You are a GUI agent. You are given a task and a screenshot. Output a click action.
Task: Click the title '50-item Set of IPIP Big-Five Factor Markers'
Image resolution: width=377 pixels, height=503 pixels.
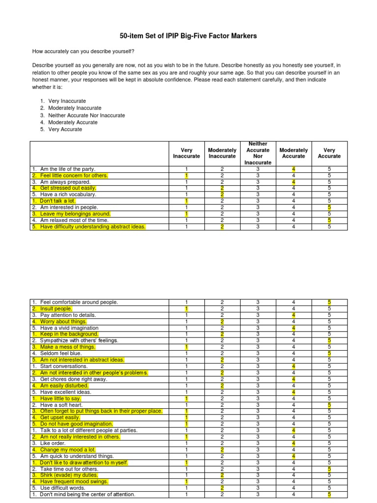pos(188,36)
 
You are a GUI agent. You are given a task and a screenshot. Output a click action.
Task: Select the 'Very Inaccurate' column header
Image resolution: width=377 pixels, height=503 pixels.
pos(187,153)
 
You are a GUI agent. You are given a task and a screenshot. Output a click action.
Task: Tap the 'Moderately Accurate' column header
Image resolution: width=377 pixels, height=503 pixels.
pos(294,153)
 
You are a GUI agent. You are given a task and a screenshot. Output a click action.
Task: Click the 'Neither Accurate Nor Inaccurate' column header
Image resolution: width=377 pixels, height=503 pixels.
pos(258,153)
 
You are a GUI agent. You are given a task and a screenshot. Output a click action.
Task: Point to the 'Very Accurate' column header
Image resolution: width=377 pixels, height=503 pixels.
pos(329,153)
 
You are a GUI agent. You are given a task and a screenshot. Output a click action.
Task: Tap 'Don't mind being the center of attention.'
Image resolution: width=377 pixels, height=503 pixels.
pos(83,494)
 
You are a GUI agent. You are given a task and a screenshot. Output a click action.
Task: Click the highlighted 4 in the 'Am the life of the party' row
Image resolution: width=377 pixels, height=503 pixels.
pos(294,169)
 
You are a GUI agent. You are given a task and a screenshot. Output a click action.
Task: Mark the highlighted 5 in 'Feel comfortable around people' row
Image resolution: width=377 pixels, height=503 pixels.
pos(329,302)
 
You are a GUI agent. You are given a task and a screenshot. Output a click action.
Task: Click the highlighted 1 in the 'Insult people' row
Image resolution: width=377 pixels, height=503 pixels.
pos(187,308)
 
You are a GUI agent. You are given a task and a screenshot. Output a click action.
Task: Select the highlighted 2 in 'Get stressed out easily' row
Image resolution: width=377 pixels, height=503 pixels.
pos(222,188)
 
